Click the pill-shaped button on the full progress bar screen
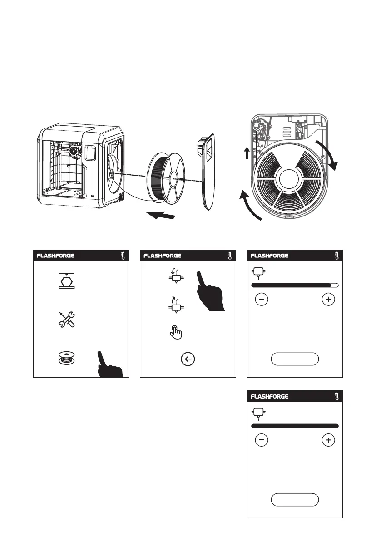pyautogui.click(x=295, y=499)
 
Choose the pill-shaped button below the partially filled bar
pyautogui.click(x=295, y=359)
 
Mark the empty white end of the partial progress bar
pyautogui.click(x=334, y=285)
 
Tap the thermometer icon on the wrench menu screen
pyautogui.click(x=123, y=256)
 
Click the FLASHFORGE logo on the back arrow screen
pyautogui.click(x=163, y=256)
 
